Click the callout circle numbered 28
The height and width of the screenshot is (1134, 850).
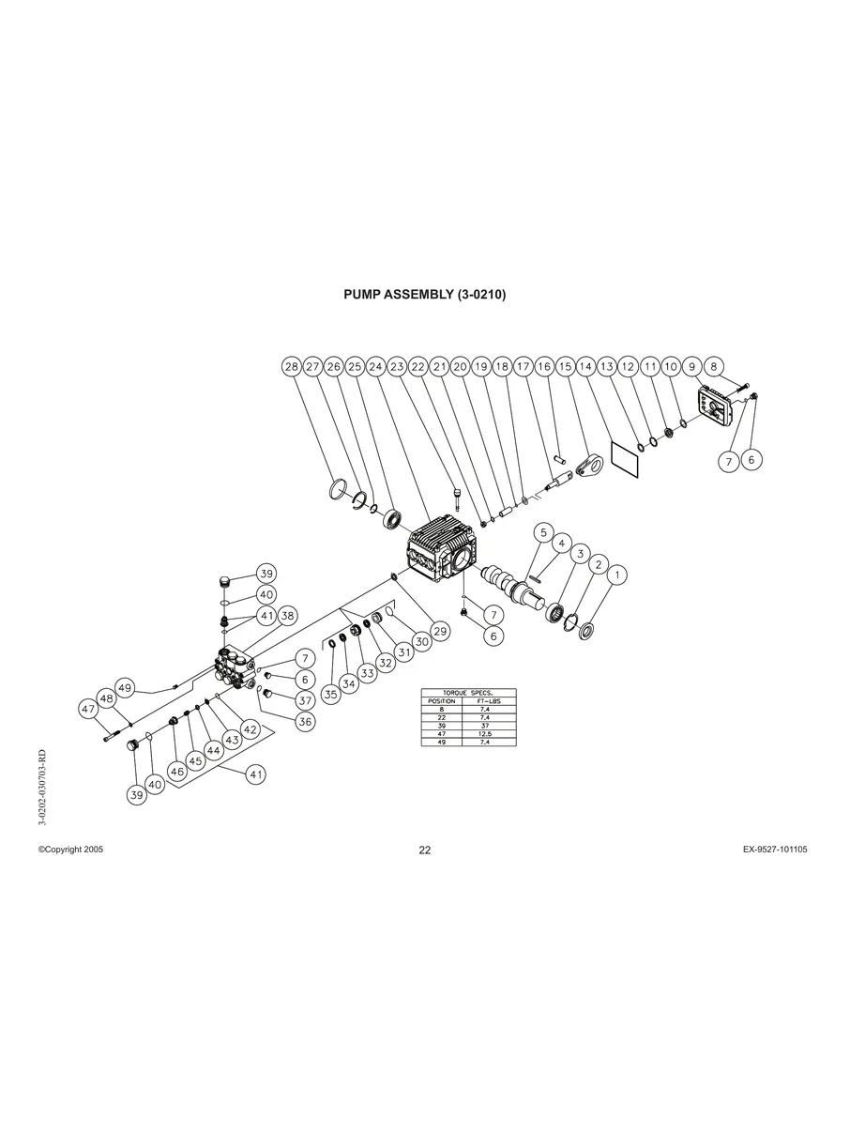click(292, 367)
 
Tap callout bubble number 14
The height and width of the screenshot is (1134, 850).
click(585, 367)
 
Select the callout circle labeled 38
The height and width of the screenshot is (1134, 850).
click(287, 615)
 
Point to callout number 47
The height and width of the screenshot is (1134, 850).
click(88, 709)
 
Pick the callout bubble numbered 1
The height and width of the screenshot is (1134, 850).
click(617, 575)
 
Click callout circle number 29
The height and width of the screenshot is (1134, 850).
click(440, 631)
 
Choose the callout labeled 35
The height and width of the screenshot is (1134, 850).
click(331, 695)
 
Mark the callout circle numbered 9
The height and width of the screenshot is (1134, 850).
click(692, 367)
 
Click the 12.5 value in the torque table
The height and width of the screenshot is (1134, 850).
click(485, 733)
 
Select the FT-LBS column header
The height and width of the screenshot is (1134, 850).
click(489, 701)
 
